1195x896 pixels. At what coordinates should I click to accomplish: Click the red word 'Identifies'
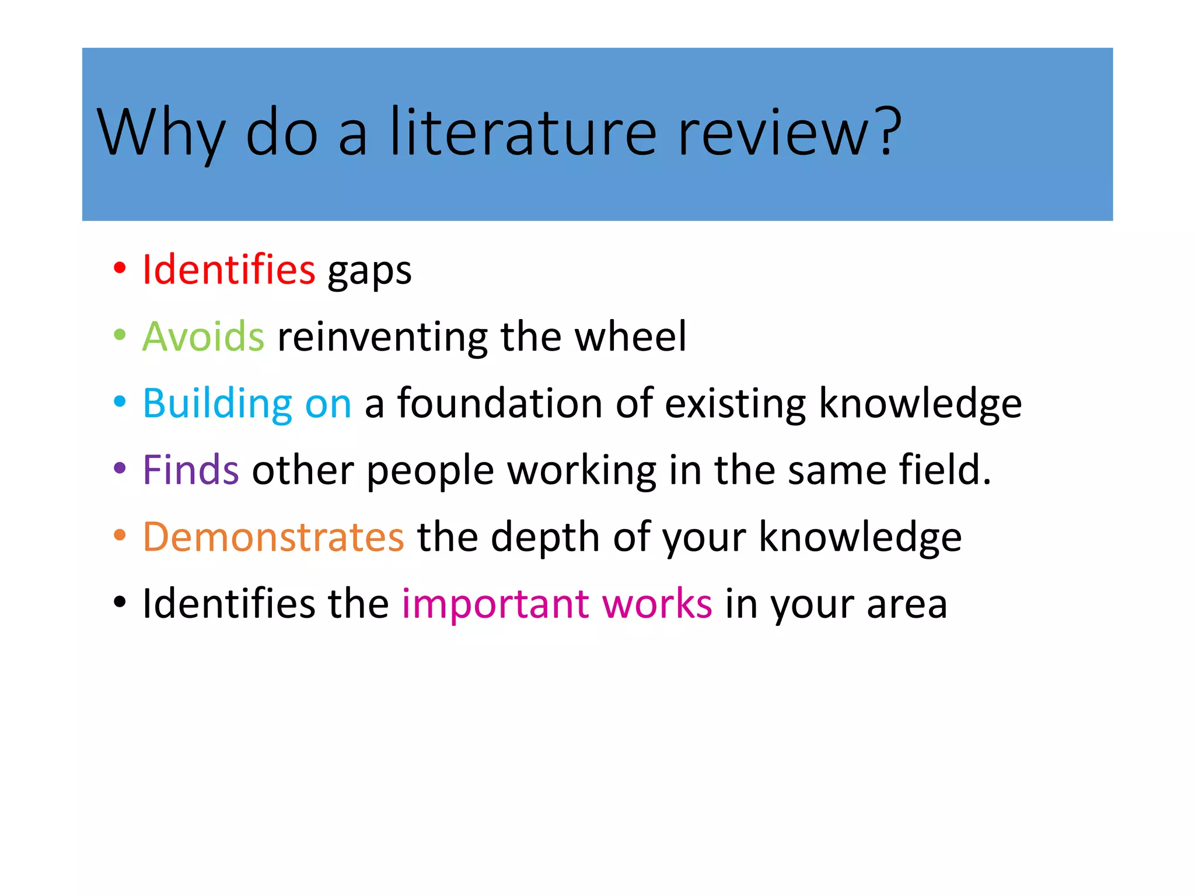click(229, 269)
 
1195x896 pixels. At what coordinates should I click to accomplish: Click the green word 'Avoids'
click(203, 337)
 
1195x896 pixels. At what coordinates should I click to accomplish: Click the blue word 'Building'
click(217, 404)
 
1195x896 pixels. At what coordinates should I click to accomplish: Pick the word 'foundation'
click(499, 403)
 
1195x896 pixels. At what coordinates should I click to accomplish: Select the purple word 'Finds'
click(191, 470)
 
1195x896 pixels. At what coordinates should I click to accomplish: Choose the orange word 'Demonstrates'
click(273, 537)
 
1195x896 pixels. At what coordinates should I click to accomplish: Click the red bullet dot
click(120, 269)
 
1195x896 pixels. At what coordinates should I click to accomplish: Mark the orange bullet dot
click(120, 535)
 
